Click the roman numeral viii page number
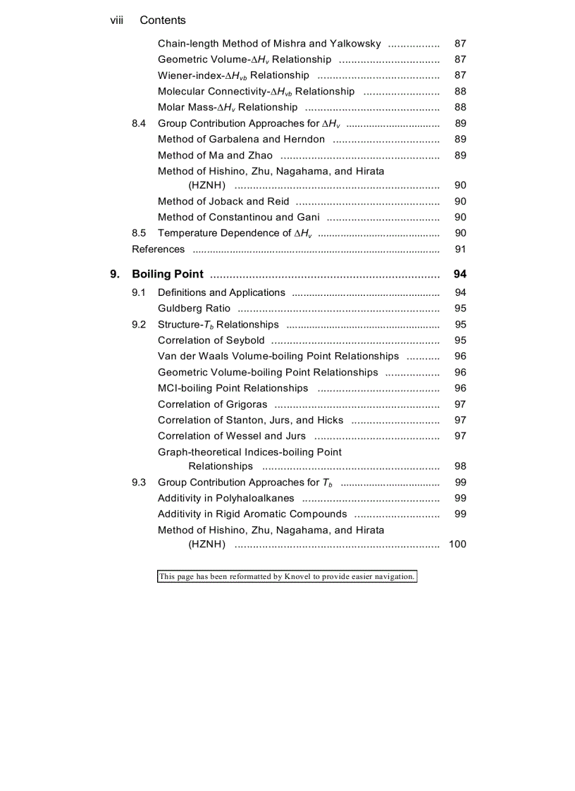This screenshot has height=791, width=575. pos(117,20)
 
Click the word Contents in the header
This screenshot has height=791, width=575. pos(163,20)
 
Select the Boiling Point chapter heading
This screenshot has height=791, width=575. pos(168,275)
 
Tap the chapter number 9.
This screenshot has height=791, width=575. pos(114,275)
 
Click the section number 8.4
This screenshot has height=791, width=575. pos(139,124)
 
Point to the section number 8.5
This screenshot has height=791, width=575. pos(139,233)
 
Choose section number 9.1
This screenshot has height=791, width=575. pos(139,293)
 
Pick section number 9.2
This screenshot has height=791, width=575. pos(139,325)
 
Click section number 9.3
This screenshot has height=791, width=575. pos(139,482)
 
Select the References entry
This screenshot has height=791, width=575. pos(159,249)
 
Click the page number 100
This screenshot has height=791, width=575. pos(457,544)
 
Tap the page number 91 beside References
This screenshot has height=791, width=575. pos(460,249)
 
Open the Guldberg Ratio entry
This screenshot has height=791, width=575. pos(194,309)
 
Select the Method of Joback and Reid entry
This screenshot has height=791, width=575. pos(223,201)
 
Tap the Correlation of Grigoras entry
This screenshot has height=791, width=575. pos(213,404)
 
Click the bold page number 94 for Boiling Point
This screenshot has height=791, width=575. pos(460,275)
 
